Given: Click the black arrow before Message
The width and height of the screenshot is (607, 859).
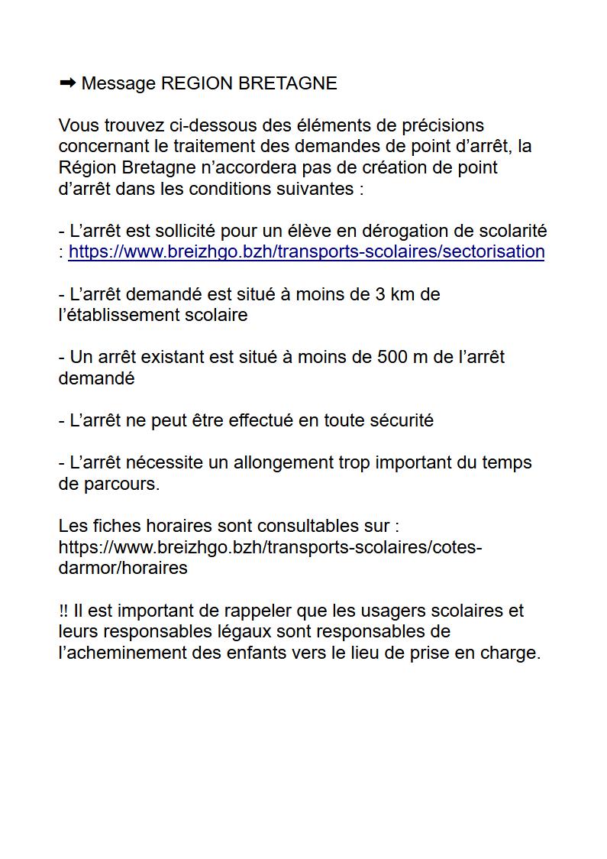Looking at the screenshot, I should tap(67, 83).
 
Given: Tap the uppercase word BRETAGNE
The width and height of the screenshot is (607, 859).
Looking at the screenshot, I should tap(288, 83).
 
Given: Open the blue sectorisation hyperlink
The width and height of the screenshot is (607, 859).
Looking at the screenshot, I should tap(306, 252).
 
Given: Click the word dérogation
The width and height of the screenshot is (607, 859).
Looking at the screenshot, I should tap(409, 231).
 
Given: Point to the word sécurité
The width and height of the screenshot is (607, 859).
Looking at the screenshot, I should tap(402, 420).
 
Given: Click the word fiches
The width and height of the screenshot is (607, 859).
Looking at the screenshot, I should tap(102, 526).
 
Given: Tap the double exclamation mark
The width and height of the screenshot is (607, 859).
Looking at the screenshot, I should tap(63, 611).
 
